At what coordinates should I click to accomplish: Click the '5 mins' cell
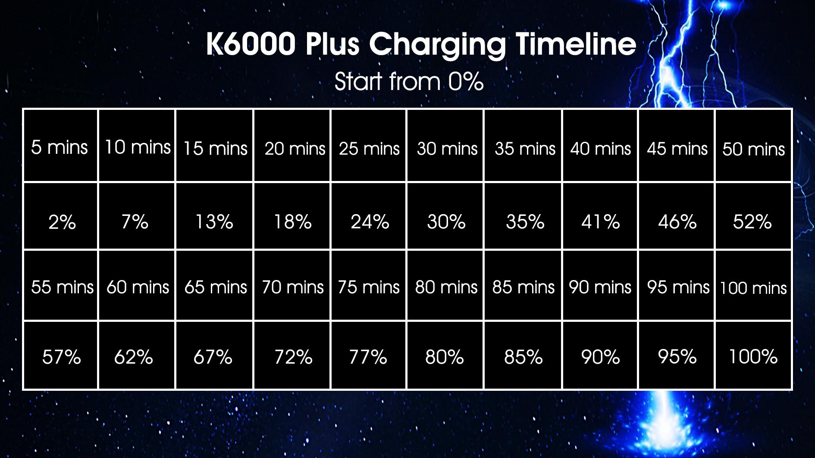click(60, 146)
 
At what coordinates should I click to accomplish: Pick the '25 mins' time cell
click(369, 146)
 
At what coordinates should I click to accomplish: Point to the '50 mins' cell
click(753, 146)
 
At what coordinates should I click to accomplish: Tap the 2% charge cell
click(60, 216)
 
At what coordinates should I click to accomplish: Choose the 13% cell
click(214, 216)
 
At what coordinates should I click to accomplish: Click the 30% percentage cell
click(446, 216)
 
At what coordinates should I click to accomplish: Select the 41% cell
click(600, 216)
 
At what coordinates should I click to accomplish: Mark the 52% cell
click(753, 216)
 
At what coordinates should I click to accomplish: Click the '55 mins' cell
click(60, 286)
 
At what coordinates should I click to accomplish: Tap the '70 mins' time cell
click(292, 286)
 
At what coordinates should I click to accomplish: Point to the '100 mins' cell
click(753, 286)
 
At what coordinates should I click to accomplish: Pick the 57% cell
click(60, 355)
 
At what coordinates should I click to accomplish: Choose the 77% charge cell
click(369, 355)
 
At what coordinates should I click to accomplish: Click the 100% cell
click(753, 355)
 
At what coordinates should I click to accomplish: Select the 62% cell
click(137, 355)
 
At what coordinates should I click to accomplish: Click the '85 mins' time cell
click(523, 286)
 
